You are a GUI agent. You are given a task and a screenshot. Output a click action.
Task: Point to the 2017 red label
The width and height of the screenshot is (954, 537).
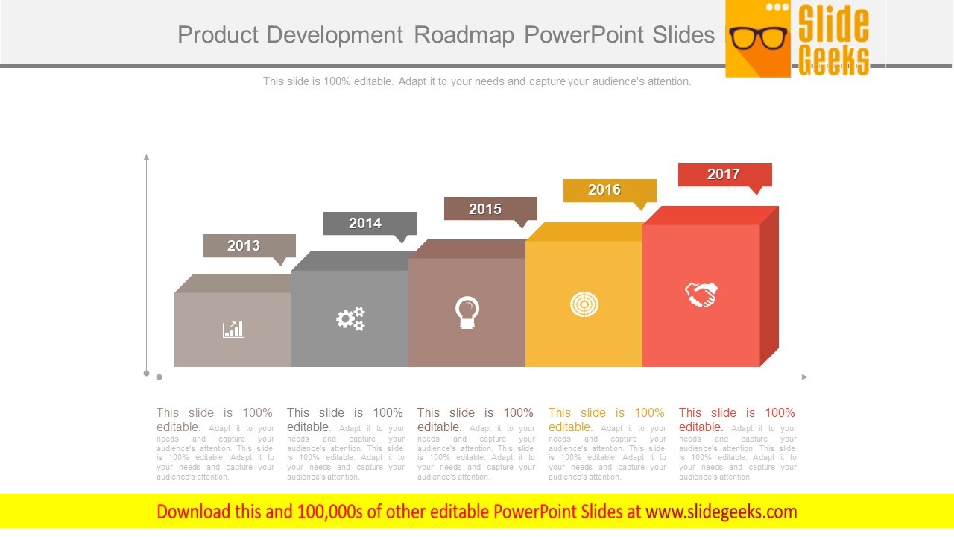pos(724,175)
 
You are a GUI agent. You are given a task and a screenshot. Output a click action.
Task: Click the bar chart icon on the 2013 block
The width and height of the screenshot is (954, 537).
pos(233,329)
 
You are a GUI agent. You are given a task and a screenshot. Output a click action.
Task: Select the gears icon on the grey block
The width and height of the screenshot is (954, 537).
pos(350,319)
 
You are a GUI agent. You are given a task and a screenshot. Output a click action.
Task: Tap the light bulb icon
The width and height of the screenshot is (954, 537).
pos(467,313)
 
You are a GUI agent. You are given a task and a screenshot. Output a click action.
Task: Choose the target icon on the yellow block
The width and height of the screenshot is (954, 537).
pos(584,304)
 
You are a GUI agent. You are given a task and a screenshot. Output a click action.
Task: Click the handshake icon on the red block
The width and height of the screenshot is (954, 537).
pos(701,295)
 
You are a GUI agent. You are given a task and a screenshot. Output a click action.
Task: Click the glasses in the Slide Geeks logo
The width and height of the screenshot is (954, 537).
pos(758,38)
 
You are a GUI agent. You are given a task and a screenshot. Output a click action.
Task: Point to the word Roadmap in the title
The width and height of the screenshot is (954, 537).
pos(464,34)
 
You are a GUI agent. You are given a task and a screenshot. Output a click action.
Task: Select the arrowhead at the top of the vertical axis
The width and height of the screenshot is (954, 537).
pos(147,157)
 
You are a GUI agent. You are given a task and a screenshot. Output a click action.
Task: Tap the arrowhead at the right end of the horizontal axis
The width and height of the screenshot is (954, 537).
pos(804,377)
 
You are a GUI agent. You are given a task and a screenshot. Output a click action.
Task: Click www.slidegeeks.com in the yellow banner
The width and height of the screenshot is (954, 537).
pos(721,512)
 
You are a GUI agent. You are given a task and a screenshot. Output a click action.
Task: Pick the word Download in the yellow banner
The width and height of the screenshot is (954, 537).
pos(194,512)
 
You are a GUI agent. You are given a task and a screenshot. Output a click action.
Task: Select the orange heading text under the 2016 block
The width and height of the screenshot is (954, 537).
pos(606,419)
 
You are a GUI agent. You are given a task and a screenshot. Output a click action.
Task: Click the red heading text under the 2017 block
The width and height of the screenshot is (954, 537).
pos(736,419)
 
